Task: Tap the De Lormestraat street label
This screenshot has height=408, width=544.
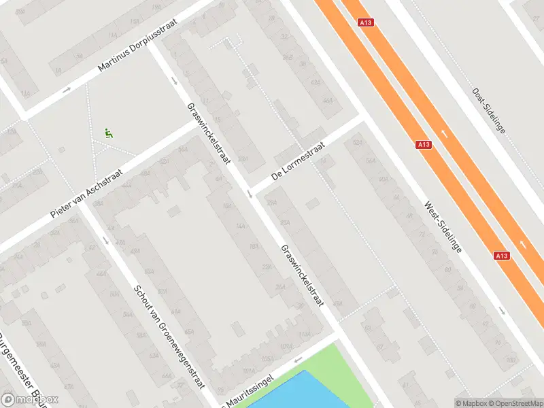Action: pyautogui.click(x=299, y=160)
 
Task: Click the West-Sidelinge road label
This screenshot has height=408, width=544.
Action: pyautogui.click(x=443, y=227)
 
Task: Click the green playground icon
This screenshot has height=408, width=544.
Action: pyautogui.click(x=108, y=133)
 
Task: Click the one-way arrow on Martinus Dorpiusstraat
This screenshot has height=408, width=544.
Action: pyautogui.click(x=67, y=90)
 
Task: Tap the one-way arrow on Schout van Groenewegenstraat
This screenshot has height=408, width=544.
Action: pyautogui.click(x=105, y=239)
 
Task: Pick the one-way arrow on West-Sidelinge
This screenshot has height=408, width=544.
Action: pyautogui.click(x=503, y=311)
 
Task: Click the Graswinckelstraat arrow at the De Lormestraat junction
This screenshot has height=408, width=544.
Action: pyautogui.click(x=251, y=195)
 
